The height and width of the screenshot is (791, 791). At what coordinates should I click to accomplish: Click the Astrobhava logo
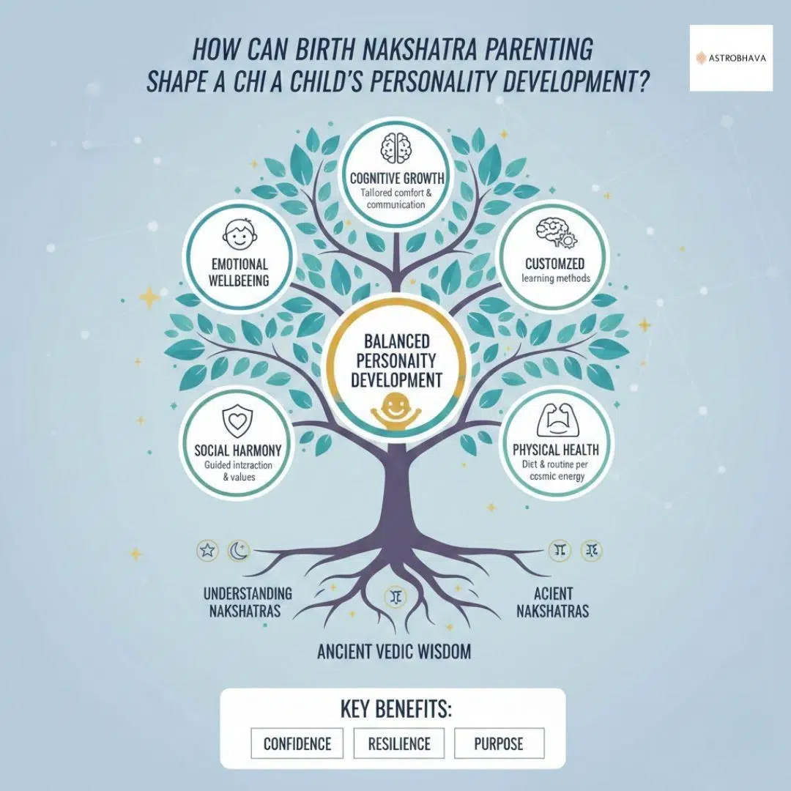(730, 57)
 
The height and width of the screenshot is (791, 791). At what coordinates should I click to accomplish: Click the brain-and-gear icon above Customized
(553, 234)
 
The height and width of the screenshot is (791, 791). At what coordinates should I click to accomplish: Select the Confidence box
(297, 743)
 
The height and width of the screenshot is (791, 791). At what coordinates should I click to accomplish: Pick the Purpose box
(499, 743)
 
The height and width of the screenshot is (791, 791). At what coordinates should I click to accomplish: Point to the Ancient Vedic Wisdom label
(394, 650)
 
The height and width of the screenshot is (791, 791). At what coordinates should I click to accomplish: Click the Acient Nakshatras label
(553, 601)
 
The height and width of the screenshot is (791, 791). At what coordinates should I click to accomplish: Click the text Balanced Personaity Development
(395, 360)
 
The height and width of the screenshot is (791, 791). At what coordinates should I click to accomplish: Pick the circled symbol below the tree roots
(395, 597)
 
